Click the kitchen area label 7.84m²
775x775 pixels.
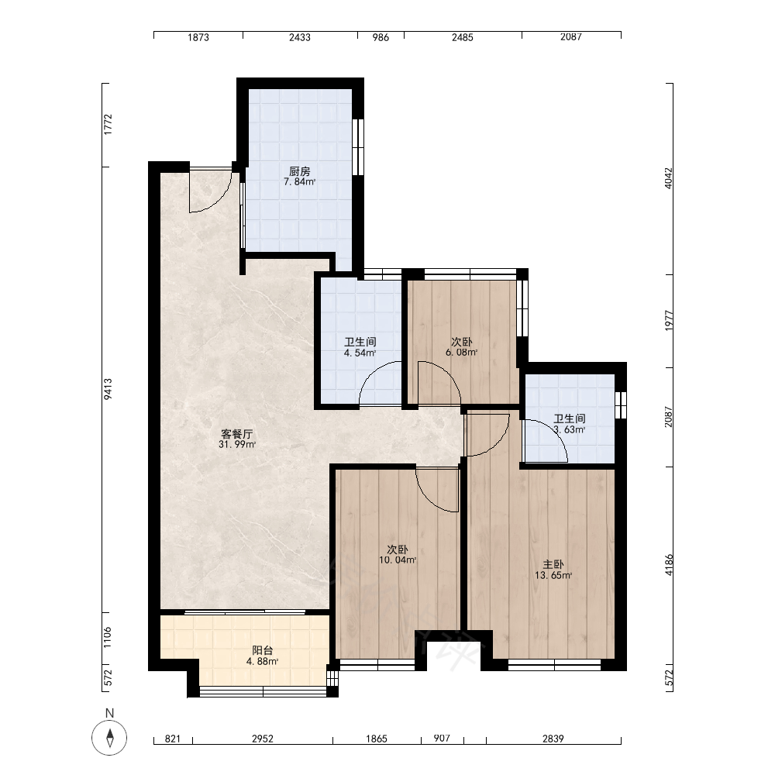pyautogui.click(x=299, y=182)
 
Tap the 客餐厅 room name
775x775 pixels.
pyautogui.click(x=236, y=434)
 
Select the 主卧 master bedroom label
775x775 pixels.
pyautogui.click(x=553, y=564)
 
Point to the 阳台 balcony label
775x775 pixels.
pyautogui.click(x=263, y=650)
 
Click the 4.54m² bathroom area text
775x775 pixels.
pyautogui.click(x=360, y=353)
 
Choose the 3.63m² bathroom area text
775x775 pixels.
pyautogui.click(x=570, y=429)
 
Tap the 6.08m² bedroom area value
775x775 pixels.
pyautogui.click(x=461, y=353)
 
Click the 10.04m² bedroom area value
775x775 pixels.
pyautogui.click(x=398, y=560)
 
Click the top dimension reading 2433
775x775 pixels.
pyautogui.click(x=299, y=37)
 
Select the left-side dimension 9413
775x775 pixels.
pyautogui.click(x=108, y=389)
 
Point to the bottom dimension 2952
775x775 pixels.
pyautogui.click(x=263, y=739)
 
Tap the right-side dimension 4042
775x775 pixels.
pyautogui.click(x=668, y=178)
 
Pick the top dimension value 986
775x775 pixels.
pyautogui.click(x=381, y=37)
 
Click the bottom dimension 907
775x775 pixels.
pyautogui.click(x=442, y=738)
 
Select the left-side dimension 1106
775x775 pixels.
pyautogui.click(x=108, y=637)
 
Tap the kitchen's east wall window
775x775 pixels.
pyautogui.click(x=358, y=146)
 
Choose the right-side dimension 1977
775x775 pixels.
pyautogui.click(x=668, y=321)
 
